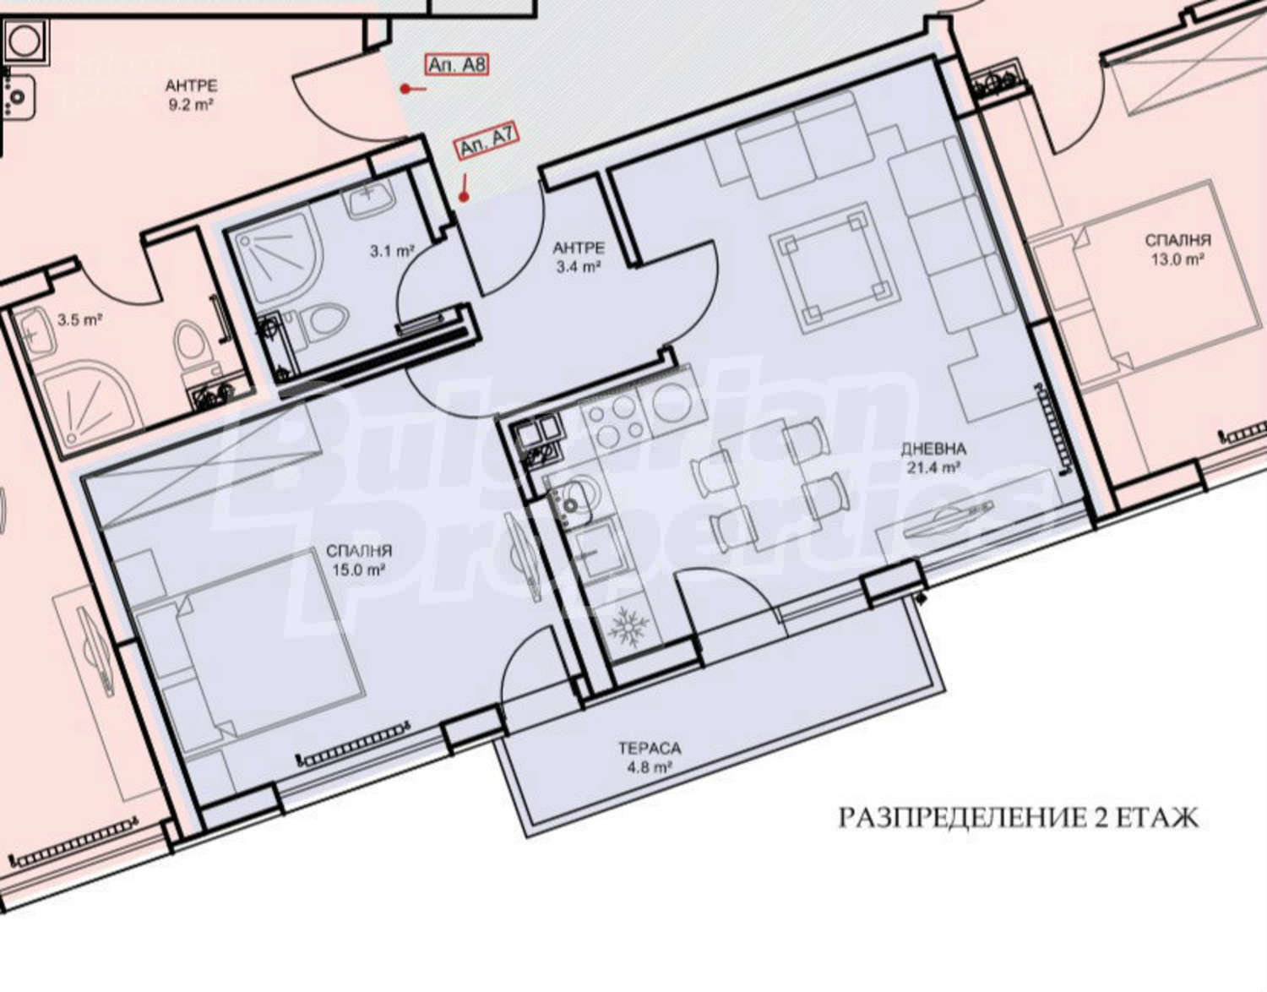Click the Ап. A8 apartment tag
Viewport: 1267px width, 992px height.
(x=456, y=64)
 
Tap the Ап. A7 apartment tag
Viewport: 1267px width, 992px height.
(x=487, y=142)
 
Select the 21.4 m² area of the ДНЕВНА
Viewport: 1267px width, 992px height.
(x=933, y=467)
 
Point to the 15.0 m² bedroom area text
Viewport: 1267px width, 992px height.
(x=359, y=570)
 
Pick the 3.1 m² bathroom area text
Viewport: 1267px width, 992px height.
(x=392, y=251)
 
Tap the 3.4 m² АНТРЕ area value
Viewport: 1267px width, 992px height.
(x=578, y=267)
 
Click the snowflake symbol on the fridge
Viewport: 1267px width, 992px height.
(x=628, y=626)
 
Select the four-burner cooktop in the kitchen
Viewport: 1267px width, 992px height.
(x=615, y=419)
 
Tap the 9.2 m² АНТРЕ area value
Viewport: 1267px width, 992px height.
(x=190, y=106)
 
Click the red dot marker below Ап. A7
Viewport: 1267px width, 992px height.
(x=464, y=198)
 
